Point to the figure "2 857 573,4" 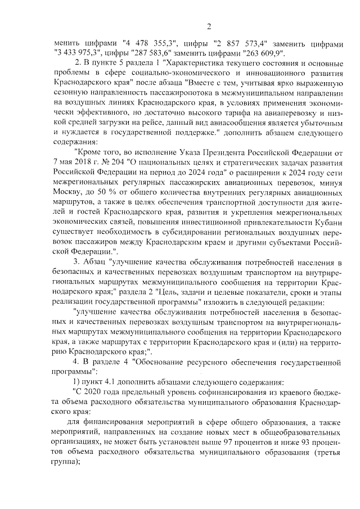click(x=238, y=43)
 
